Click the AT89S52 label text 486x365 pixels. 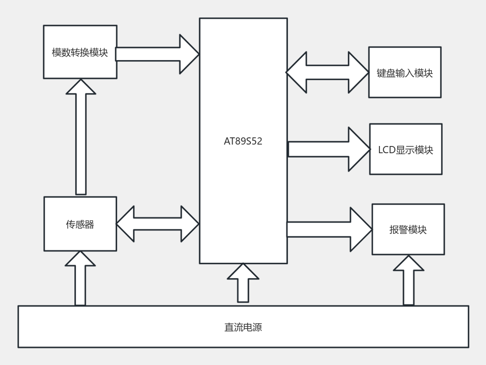tap(243, 142)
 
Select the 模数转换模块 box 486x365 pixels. tap(80, 52)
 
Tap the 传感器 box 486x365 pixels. tap(80, 224)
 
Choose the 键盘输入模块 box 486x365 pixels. tap(404, 73)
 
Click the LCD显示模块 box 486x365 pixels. tap(405, 149)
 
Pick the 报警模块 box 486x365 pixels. tap(408, 230)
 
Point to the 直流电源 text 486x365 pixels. tap(243, 328)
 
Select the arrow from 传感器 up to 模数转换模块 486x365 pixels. tap(81, 139)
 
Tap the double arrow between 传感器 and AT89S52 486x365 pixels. tap(157, 224)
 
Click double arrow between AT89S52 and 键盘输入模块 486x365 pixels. tap(327, 73)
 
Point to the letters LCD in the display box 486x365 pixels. tap(387, 150)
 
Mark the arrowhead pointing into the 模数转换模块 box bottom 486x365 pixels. tap(81, 88)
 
